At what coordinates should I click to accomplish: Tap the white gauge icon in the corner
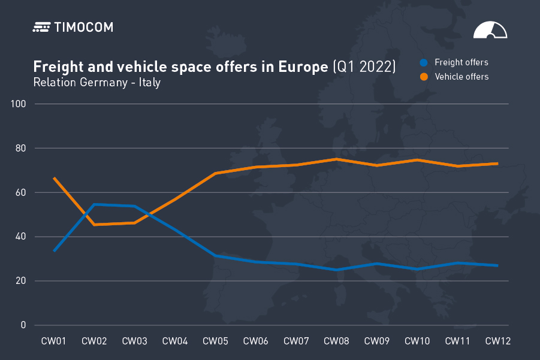pos(490,31)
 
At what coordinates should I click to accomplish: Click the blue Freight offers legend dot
pos(424,62)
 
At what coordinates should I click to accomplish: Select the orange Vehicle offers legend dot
pos(424,77)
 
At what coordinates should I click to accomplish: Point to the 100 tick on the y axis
pos(19,104)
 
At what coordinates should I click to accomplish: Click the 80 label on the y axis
pos(22,149)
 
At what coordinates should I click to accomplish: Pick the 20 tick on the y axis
pos(22,281)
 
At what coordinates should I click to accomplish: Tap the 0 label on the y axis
pos(24,325)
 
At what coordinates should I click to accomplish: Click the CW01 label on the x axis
pos(53,341)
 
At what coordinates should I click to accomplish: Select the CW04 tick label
pos(174,341)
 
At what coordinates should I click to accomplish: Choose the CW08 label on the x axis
pos(336,341)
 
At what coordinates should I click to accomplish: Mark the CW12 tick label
pos(497,341)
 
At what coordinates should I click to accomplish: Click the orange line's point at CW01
pos(54,178)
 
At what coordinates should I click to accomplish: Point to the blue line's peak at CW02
pos(94,204)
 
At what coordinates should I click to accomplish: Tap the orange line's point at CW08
pos(336,159)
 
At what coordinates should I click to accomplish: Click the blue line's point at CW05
pos(215,256)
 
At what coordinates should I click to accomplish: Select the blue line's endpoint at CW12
pos(497,265)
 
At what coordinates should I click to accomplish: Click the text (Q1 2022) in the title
pos(364,66)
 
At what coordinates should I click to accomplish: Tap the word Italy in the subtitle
pos(150,82)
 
